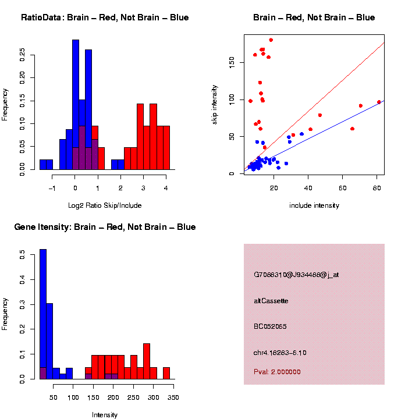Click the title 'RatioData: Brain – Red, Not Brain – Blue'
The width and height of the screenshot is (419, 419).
105,18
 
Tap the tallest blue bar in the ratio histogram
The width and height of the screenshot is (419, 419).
76,105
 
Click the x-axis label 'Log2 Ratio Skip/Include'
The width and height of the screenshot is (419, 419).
105,205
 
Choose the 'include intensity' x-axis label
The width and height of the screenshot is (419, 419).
314,205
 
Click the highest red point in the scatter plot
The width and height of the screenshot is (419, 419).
271,40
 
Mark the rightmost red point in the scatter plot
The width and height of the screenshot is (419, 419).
379,102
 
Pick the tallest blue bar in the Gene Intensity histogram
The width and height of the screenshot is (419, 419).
43,314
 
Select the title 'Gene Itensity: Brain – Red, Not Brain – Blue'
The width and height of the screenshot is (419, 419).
105,227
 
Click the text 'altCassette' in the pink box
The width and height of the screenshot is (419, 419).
271,301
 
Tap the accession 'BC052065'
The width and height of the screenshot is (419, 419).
270,326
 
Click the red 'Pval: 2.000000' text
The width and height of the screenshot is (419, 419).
277,372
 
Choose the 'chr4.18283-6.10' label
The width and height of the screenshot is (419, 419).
280,353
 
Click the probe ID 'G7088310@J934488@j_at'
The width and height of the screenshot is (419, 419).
296,275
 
